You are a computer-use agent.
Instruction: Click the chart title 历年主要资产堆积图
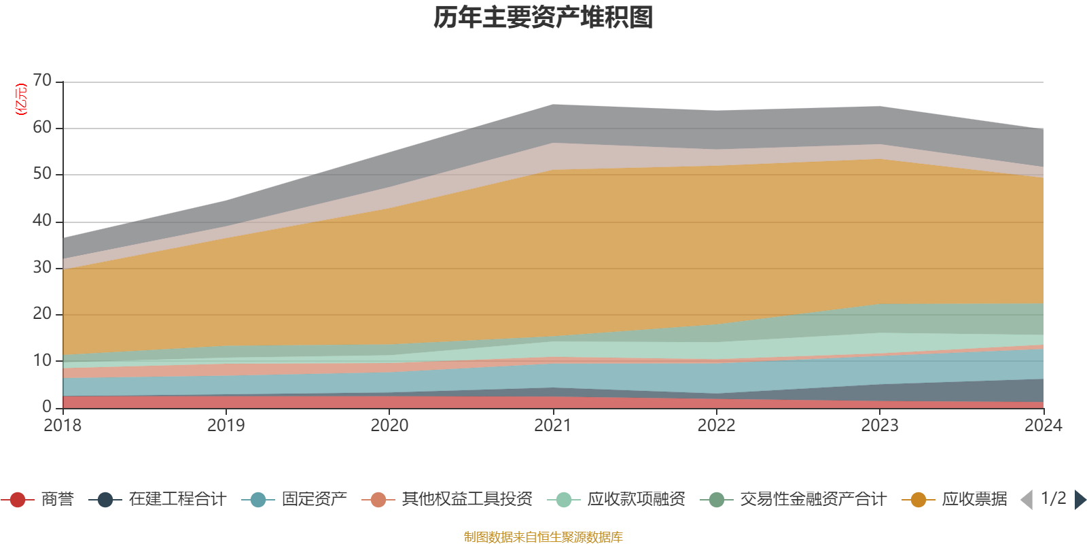[543, 18]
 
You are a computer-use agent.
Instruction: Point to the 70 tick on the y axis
[42, 80]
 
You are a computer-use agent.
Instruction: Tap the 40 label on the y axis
[42, 220]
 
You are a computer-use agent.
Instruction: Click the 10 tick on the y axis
[42, 360]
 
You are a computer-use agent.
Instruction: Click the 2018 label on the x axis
[63, 426]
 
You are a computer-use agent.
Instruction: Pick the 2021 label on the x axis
[553, 426]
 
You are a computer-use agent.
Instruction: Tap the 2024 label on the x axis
[1043, 426]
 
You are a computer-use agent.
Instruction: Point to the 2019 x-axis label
[226, 426]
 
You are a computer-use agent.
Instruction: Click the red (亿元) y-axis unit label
[21, 99]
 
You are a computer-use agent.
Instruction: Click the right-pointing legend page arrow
[1080, 500]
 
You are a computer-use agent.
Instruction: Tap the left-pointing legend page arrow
[1027, 500]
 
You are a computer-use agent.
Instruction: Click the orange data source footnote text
[543, 537]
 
